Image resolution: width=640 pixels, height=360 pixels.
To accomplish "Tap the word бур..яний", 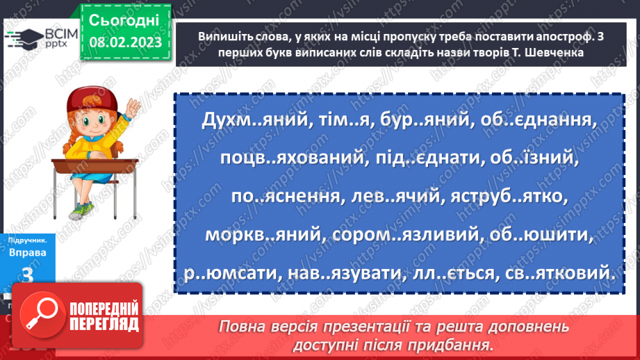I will coord(425,120).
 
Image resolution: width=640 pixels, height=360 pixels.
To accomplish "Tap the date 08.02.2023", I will coord(125,43).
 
